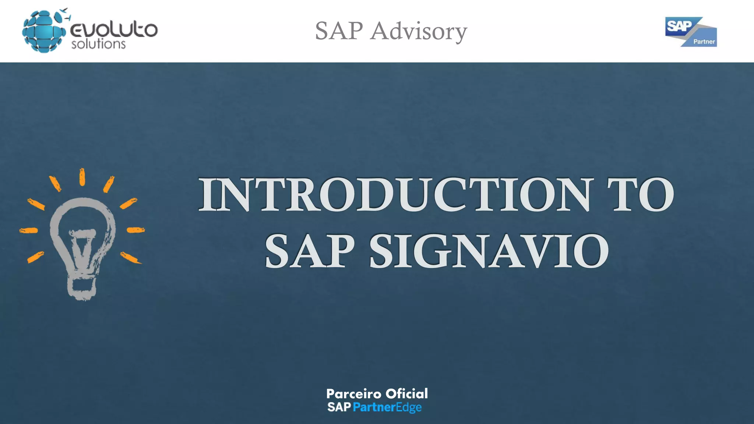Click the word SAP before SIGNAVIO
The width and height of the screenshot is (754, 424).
pyautogui.click(x=309, y=251)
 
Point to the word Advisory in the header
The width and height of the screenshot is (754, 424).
pyautogui.click(x=419, y=31)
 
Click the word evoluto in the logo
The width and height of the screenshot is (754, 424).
pyautogui.click(x=114, y=29)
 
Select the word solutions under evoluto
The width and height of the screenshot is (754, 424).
pyautogui.click(x=98, y=44)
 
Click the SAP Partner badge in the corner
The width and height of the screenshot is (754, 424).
pyautogui.click(x=691, y=32)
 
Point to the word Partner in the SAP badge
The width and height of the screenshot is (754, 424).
pyautogui.click(x=704, y=42)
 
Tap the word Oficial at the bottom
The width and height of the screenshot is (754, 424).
pyautogui.click(x=406, y=394)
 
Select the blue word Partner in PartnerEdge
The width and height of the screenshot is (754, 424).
pyautogui.click(x=374, y=407)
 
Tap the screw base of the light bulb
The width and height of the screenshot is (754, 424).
pyautogui.click(x=82, y=287)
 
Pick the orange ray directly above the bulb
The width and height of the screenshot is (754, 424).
pyautogui.click(x=82, y=177)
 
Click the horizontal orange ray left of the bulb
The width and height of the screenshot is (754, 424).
pyautogui.click(x=29, y=230)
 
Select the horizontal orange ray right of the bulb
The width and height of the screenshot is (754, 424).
pyautogui.click(x=135, y=230)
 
